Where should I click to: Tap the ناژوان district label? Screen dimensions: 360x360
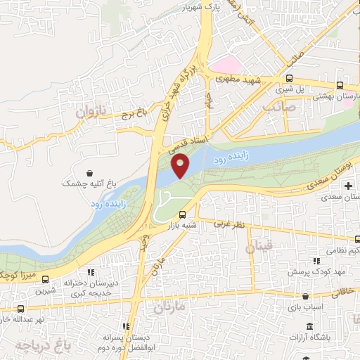tap(90, 111)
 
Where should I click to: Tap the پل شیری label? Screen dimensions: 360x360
tap(287, 89)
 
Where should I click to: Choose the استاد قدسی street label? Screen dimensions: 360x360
tap(187, 146)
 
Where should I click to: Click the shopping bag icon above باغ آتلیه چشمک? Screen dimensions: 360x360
tap(90, 172)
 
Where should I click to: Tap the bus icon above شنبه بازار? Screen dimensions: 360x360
tap(183, 214)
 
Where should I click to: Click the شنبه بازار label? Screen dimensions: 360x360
tap(179, 226)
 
